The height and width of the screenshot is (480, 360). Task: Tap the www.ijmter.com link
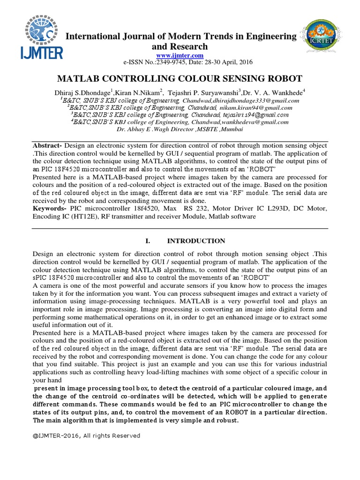(x=180, y=55)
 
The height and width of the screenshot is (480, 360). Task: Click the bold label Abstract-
(x=47, y=145)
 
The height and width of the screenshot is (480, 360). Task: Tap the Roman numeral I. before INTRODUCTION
(x=148, y=241)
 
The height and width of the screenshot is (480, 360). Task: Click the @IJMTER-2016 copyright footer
(x=86, y=435)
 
